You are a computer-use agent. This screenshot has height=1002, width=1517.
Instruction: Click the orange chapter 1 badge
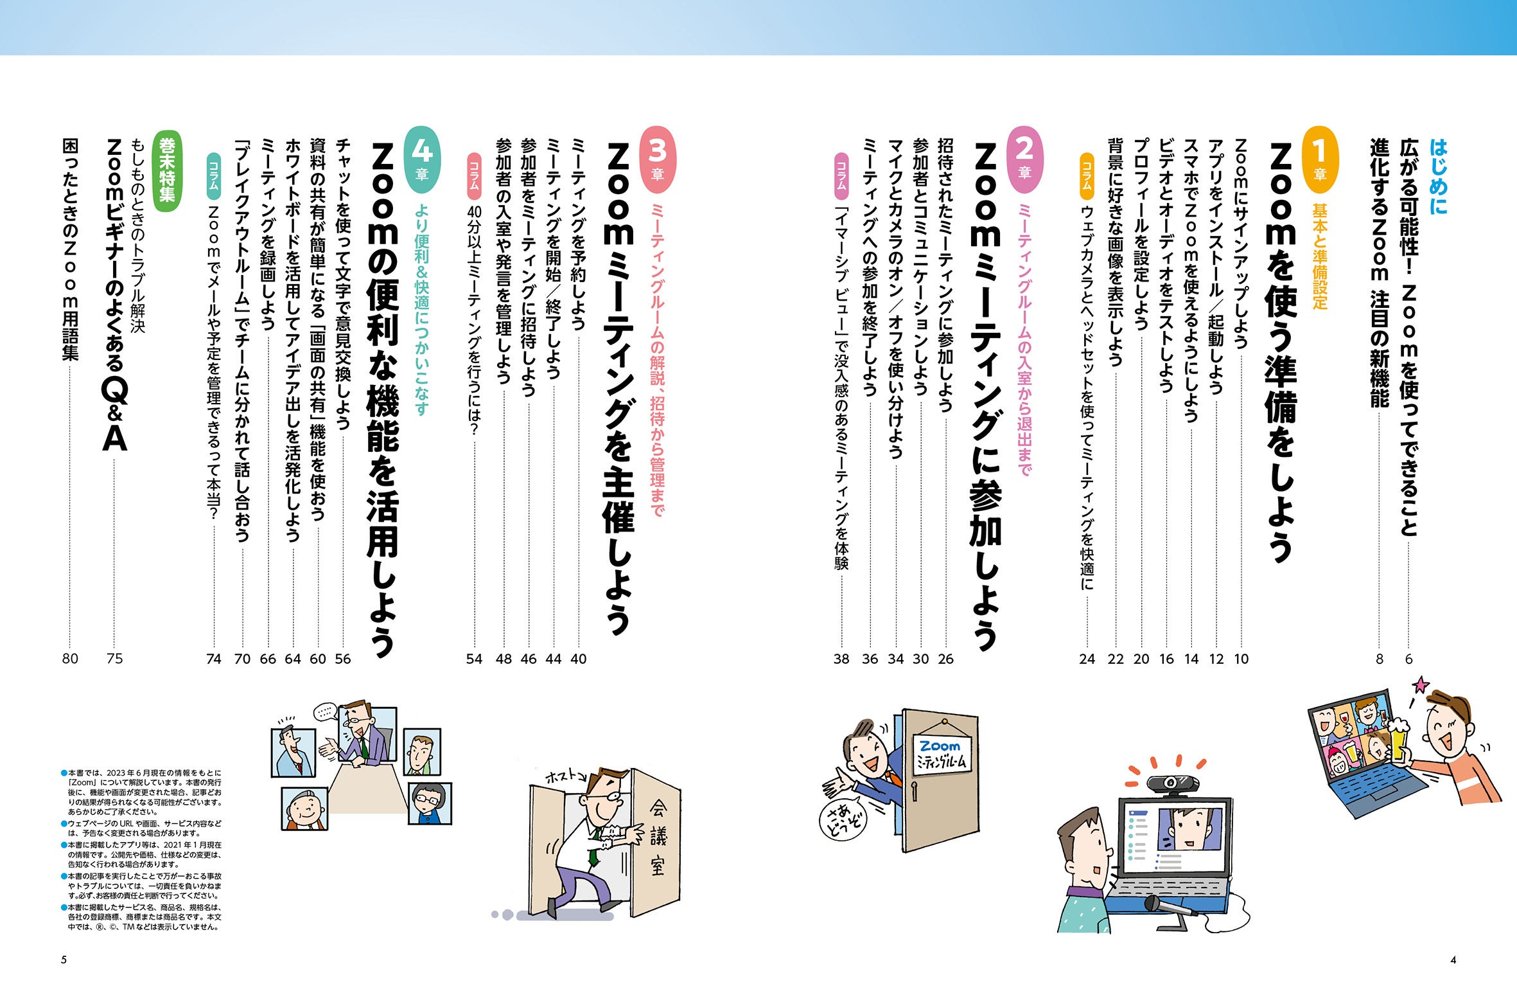click(x=1319, y=159)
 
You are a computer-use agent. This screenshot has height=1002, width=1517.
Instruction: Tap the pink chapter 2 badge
click(x=1024, y=159)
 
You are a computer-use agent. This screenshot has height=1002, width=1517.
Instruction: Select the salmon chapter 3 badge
click(x=658, y=159)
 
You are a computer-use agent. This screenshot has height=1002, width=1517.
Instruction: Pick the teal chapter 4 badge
click(x=421, y=159)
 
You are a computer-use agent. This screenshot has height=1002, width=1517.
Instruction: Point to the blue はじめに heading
click(x=1438, y=177)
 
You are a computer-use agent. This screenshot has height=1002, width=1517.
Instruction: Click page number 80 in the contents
click(x=70, y=659)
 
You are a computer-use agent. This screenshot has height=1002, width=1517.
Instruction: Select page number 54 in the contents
click(x=474, y=659)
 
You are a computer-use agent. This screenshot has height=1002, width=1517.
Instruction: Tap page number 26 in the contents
click(x=945, y=659)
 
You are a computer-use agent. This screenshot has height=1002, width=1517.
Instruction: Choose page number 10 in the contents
click(x=1241, y=659)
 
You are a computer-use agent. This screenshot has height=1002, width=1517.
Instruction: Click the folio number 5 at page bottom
click(x=64, y=960)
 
